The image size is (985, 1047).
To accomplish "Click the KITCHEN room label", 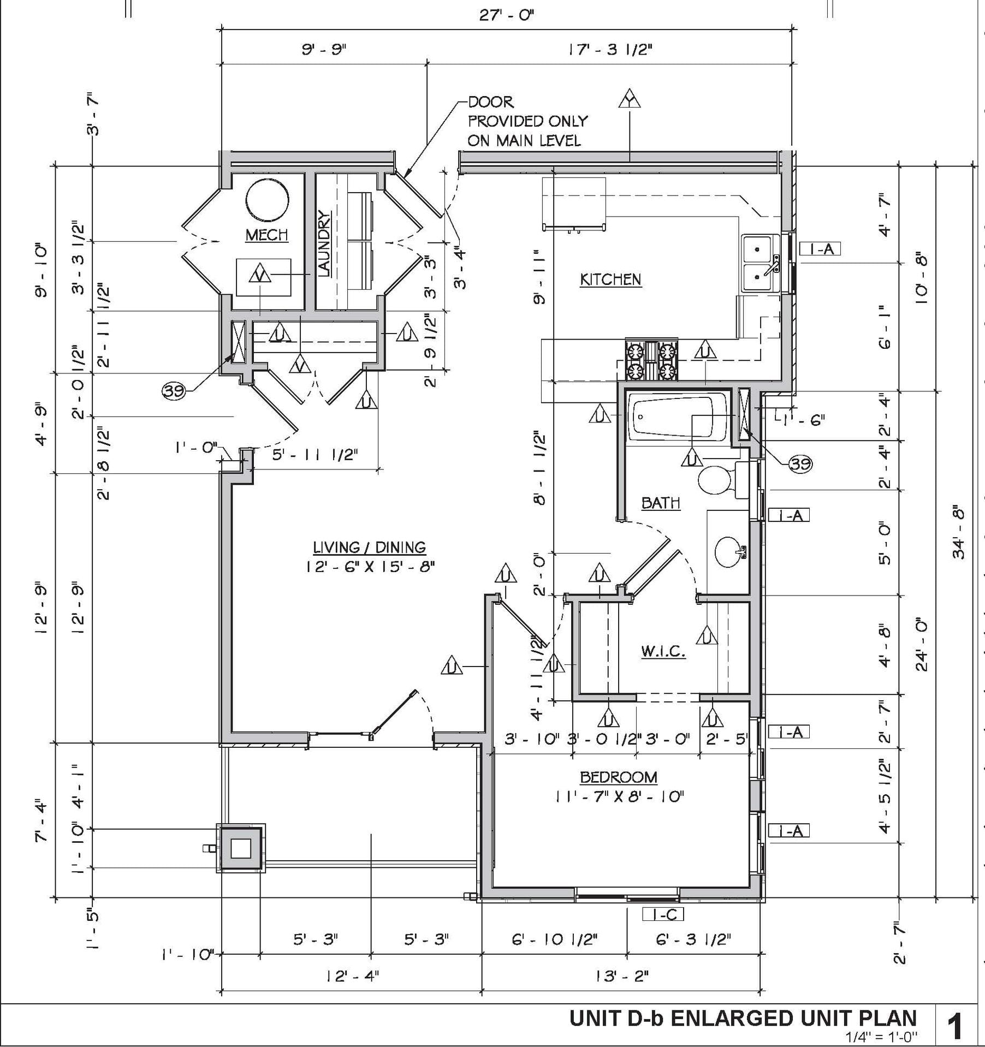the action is click(610, 280).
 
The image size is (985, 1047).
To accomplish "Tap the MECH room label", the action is click(266, 235).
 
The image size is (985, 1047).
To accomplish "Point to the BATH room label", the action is click(661, 503).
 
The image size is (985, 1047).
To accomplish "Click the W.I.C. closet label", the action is click(663, 651).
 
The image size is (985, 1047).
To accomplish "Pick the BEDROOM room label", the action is click(618, 777).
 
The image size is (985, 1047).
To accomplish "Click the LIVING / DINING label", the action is click(369, 547).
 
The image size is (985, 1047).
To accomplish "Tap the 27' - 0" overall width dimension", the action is click(506, 15).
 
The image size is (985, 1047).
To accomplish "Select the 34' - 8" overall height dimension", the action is click(958, 534).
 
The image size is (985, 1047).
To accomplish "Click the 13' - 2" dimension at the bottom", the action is click(622, 975).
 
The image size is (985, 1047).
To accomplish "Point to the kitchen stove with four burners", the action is click(651, 359).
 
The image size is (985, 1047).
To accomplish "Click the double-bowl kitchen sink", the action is click(761, 263).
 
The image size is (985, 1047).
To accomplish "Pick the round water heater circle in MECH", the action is click(267, 200).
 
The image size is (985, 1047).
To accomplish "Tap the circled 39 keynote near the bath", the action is click(800, 464).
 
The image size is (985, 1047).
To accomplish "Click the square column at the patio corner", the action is click(241, 848).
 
